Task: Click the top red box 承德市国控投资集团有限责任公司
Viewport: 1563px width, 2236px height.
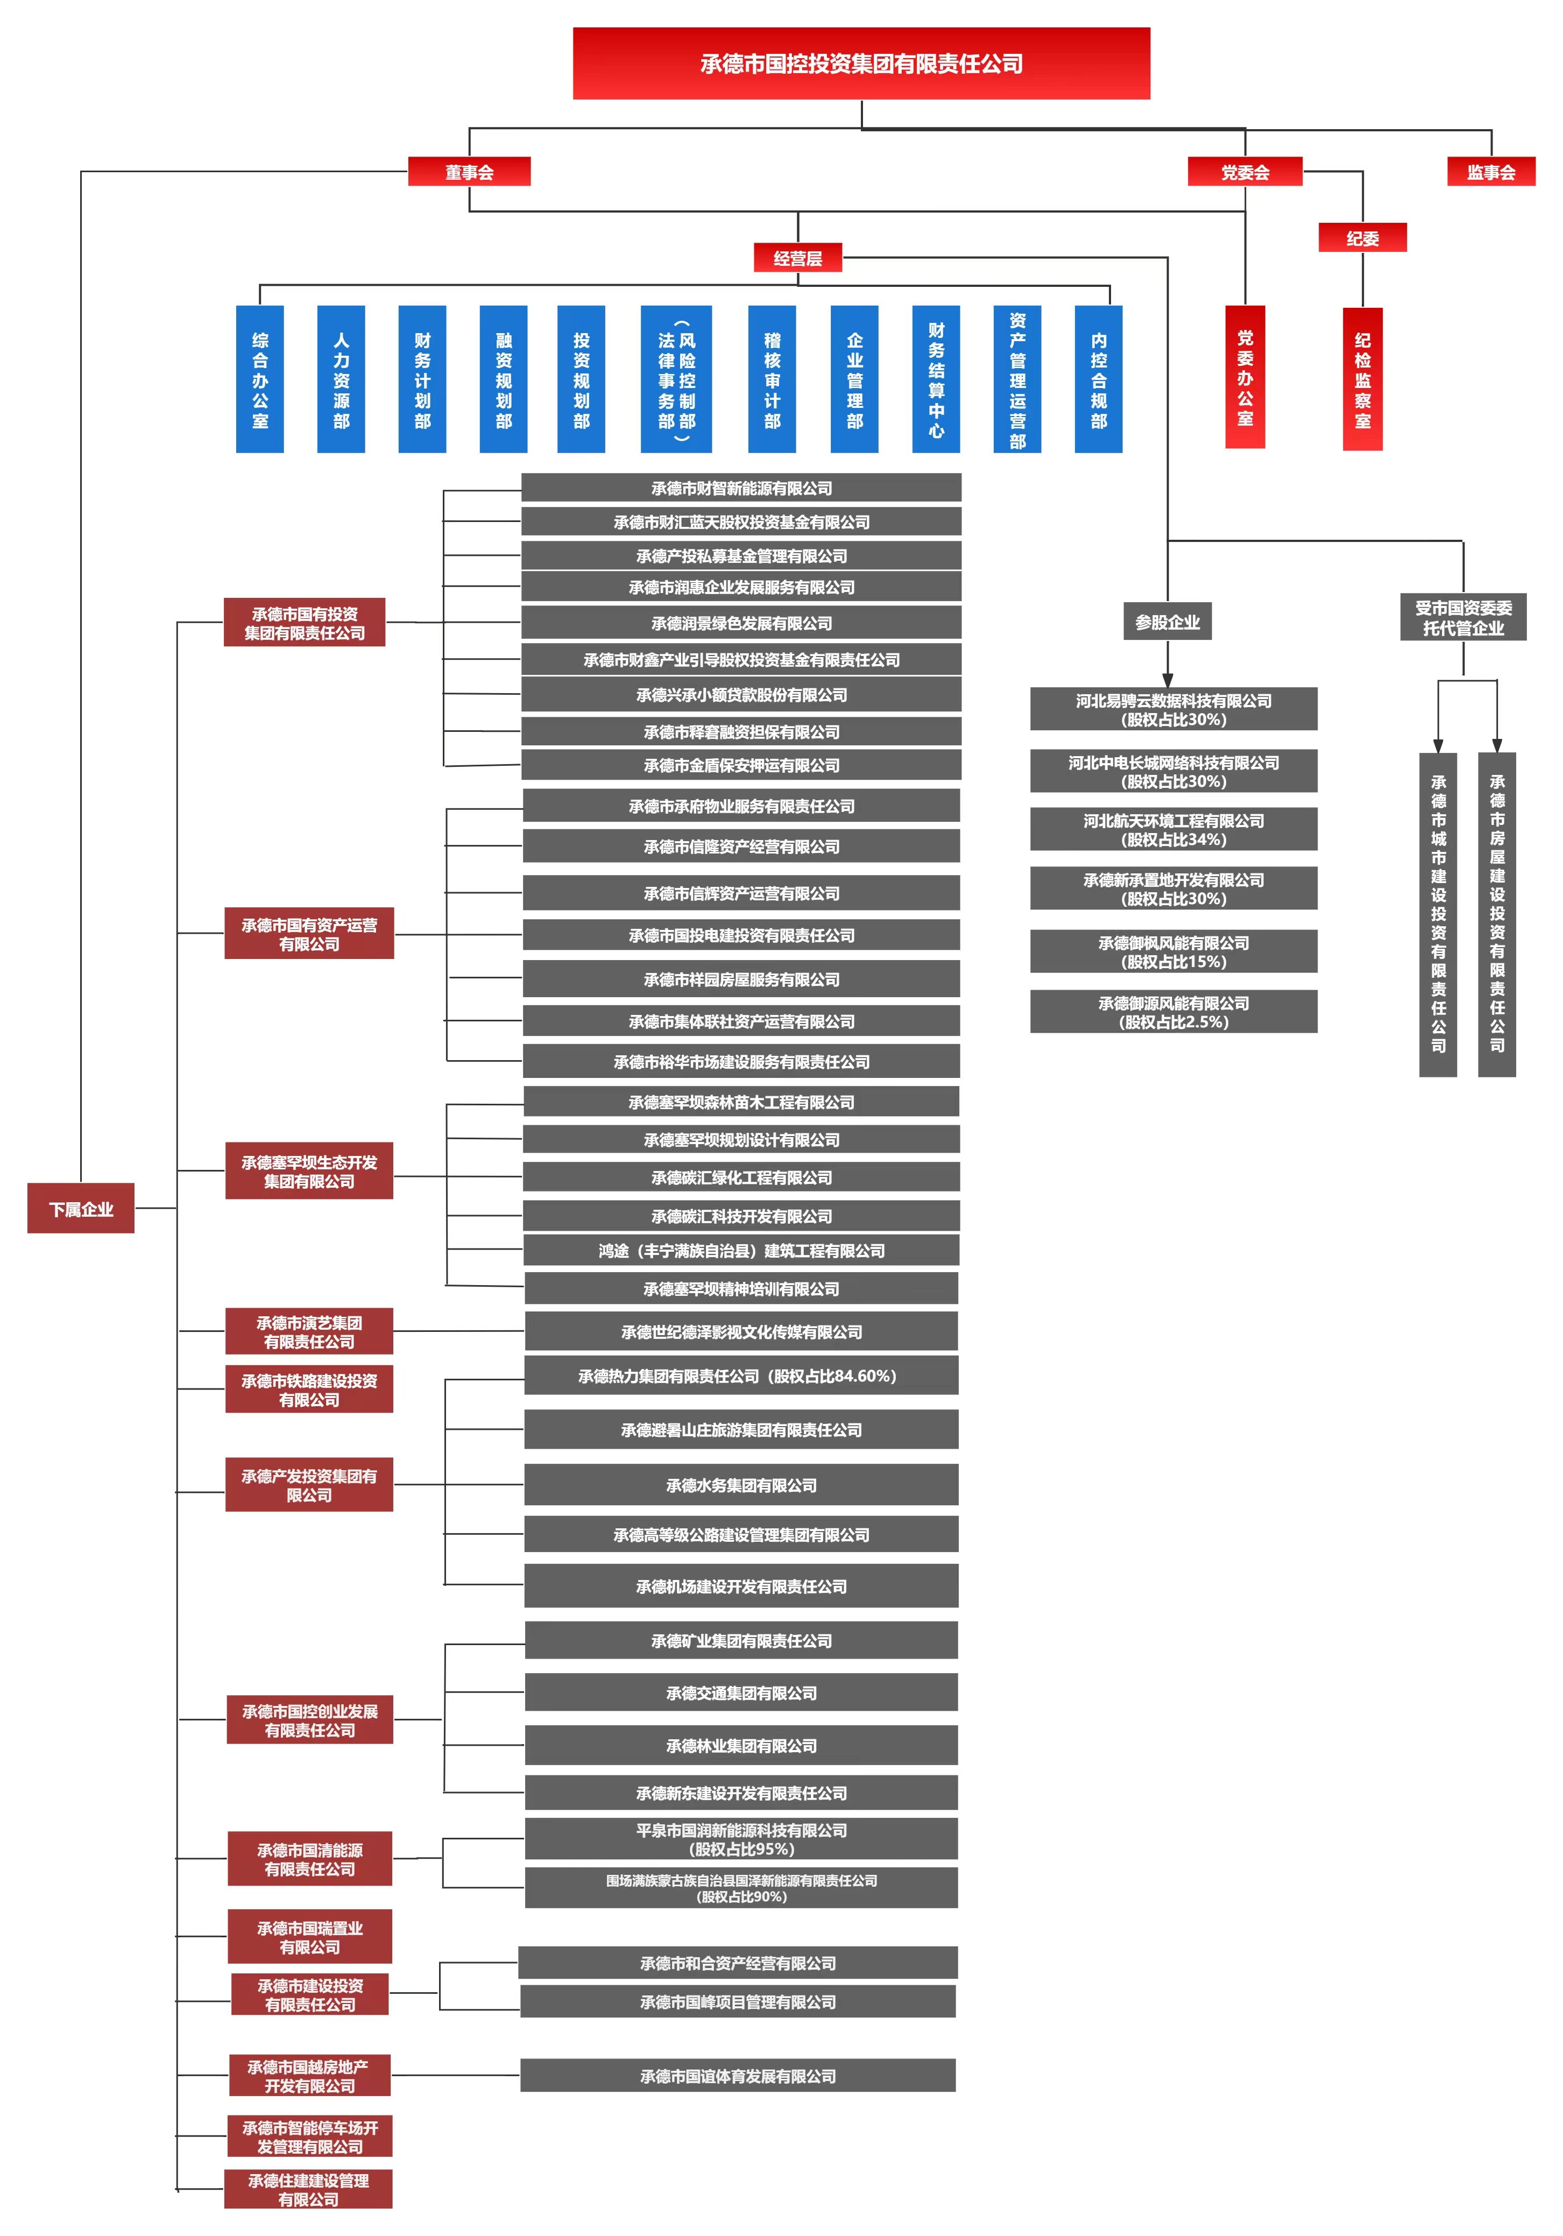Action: coord(861,64)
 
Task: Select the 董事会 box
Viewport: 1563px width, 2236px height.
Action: coord(469,172)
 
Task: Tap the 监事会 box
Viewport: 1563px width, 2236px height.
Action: coord(1491,172)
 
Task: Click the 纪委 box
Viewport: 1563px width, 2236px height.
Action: coord(1362,238)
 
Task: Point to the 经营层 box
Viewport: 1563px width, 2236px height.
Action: coord(797,258)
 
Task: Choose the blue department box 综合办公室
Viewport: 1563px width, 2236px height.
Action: coord(260,379)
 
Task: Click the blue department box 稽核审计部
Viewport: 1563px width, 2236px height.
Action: coord(772,379)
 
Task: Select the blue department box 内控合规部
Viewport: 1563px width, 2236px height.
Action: coord(1099,379)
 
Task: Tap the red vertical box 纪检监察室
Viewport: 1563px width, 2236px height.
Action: coord(1362,379)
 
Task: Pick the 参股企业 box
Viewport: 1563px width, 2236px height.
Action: coord(1168,622)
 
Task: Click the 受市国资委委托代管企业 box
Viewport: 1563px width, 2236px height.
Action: coord(1463,617)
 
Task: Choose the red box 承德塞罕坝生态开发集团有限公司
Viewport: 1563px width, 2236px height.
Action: coord(309,1170)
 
